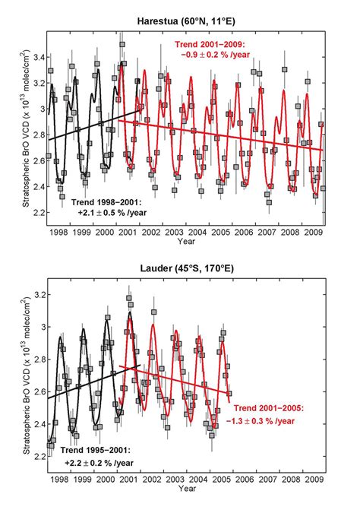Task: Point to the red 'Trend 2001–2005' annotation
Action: [267, 413]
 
